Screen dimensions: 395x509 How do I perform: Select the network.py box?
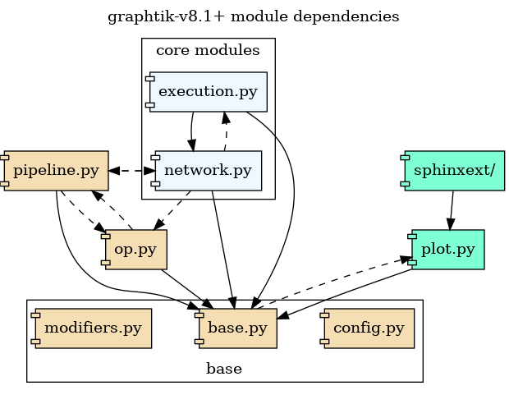[208, 171]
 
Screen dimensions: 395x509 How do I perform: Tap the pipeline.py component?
[57, 171]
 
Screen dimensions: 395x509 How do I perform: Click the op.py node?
[135, 250]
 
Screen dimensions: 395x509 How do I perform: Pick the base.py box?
[238, 328]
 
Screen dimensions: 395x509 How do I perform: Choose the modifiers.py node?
[93, 328]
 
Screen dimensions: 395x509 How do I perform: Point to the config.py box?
[369, 328]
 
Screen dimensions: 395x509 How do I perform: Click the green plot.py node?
[448, 250]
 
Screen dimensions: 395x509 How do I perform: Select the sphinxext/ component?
[453, 171]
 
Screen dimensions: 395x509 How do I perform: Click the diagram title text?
[254, 16]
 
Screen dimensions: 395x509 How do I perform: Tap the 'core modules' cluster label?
[208, 51]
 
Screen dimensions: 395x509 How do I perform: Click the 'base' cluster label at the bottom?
[224, 369]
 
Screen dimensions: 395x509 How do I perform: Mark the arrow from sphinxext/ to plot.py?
[451, 210]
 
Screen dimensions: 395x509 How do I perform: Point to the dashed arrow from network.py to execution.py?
[226, 131]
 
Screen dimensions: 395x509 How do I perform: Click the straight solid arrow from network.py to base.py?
[223, 246]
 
